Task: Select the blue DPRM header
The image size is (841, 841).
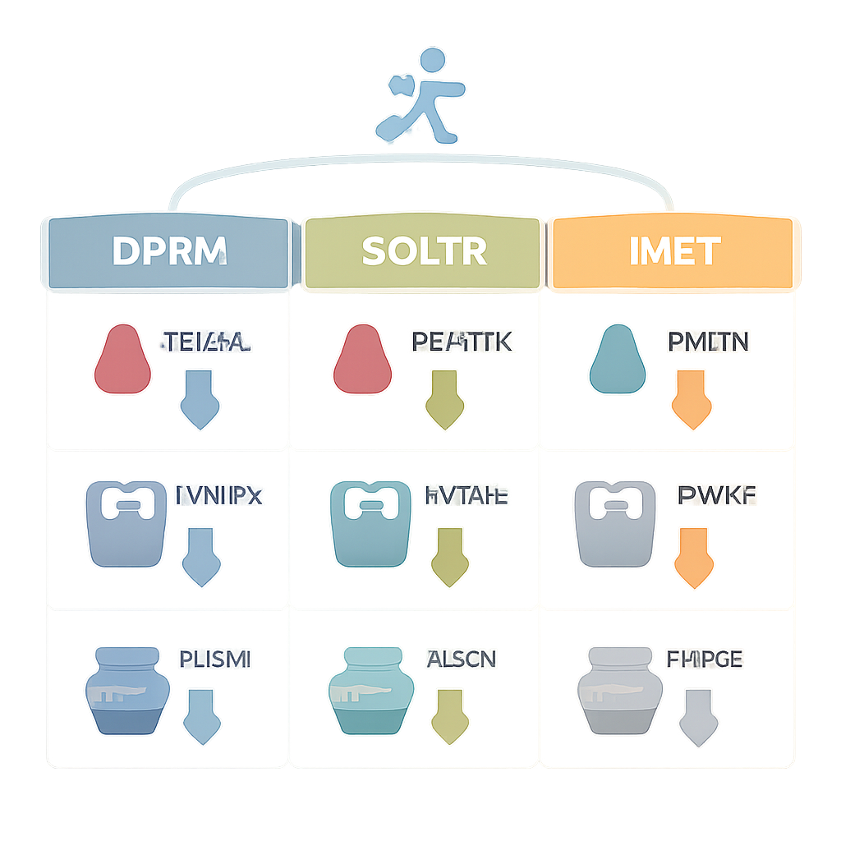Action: [x=168, y=252]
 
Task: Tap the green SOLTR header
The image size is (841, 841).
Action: [x=423, y=252]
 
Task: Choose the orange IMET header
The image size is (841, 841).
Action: [x=673, y=252]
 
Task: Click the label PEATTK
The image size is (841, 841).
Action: [x=460, y=342]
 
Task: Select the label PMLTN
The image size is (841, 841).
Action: [x=708, y=341]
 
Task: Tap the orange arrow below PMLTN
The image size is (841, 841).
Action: [x=691, y=399]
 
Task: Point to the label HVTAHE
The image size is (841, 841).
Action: [x=466, y=495]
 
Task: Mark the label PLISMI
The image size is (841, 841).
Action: [x=214, y=659]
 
